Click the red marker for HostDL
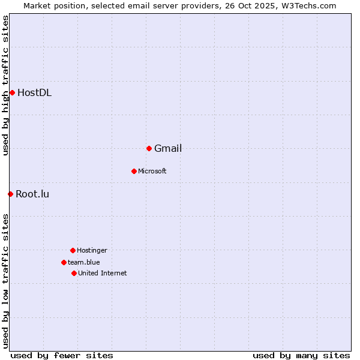tap(12, 92)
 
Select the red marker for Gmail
tap(149, 148)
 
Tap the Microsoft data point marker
tap(134, 171)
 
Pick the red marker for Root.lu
tap(10, 194)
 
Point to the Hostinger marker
tap(73, 250)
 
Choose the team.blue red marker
tap(64, 262)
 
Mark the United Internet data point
tap(74, 273)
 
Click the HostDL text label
tap(34, 92)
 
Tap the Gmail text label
tap(168, 148)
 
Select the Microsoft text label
tap(152, 171)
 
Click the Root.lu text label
tap(32, 194)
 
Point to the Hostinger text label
tap(92, 250)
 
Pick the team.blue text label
tap(84, 262)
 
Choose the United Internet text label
tap(103, 273)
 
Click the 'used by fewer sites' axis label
tap(62, 355)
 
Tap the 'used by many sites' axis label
tap(301, 355)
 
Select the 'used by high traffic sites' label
tap(5, 85)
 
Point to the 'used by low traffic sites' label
tap(5, 280)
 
